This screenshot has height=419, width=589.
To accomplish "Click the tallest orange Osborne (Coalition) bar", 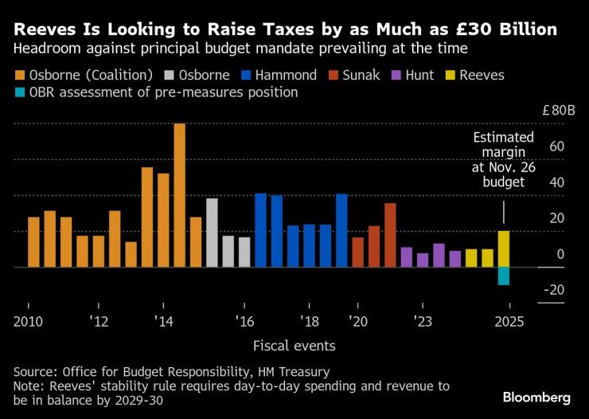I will tap(179, 195).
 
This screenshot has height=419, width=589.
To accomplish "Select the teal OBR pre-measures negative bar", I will tap(503, 276).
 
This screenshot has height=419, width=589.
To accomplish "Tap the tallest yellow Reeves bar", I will tap(503, 249).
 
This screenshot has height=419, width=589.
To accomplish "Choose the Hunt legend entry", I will tap(412, 76).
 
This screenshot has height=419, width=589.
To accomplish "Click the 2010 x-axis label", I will tap(28, 322).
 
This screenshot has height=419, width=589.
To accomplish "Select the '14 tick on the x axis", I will tap(164, 322).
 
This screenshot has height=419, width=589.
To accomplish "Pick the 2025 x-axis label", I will tap(509, 322).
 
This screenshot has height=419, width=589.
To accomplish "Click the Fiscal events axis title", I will tap(294, 346).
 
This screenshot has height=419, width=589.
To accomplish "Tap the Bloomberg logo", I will tap(536, 397).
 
